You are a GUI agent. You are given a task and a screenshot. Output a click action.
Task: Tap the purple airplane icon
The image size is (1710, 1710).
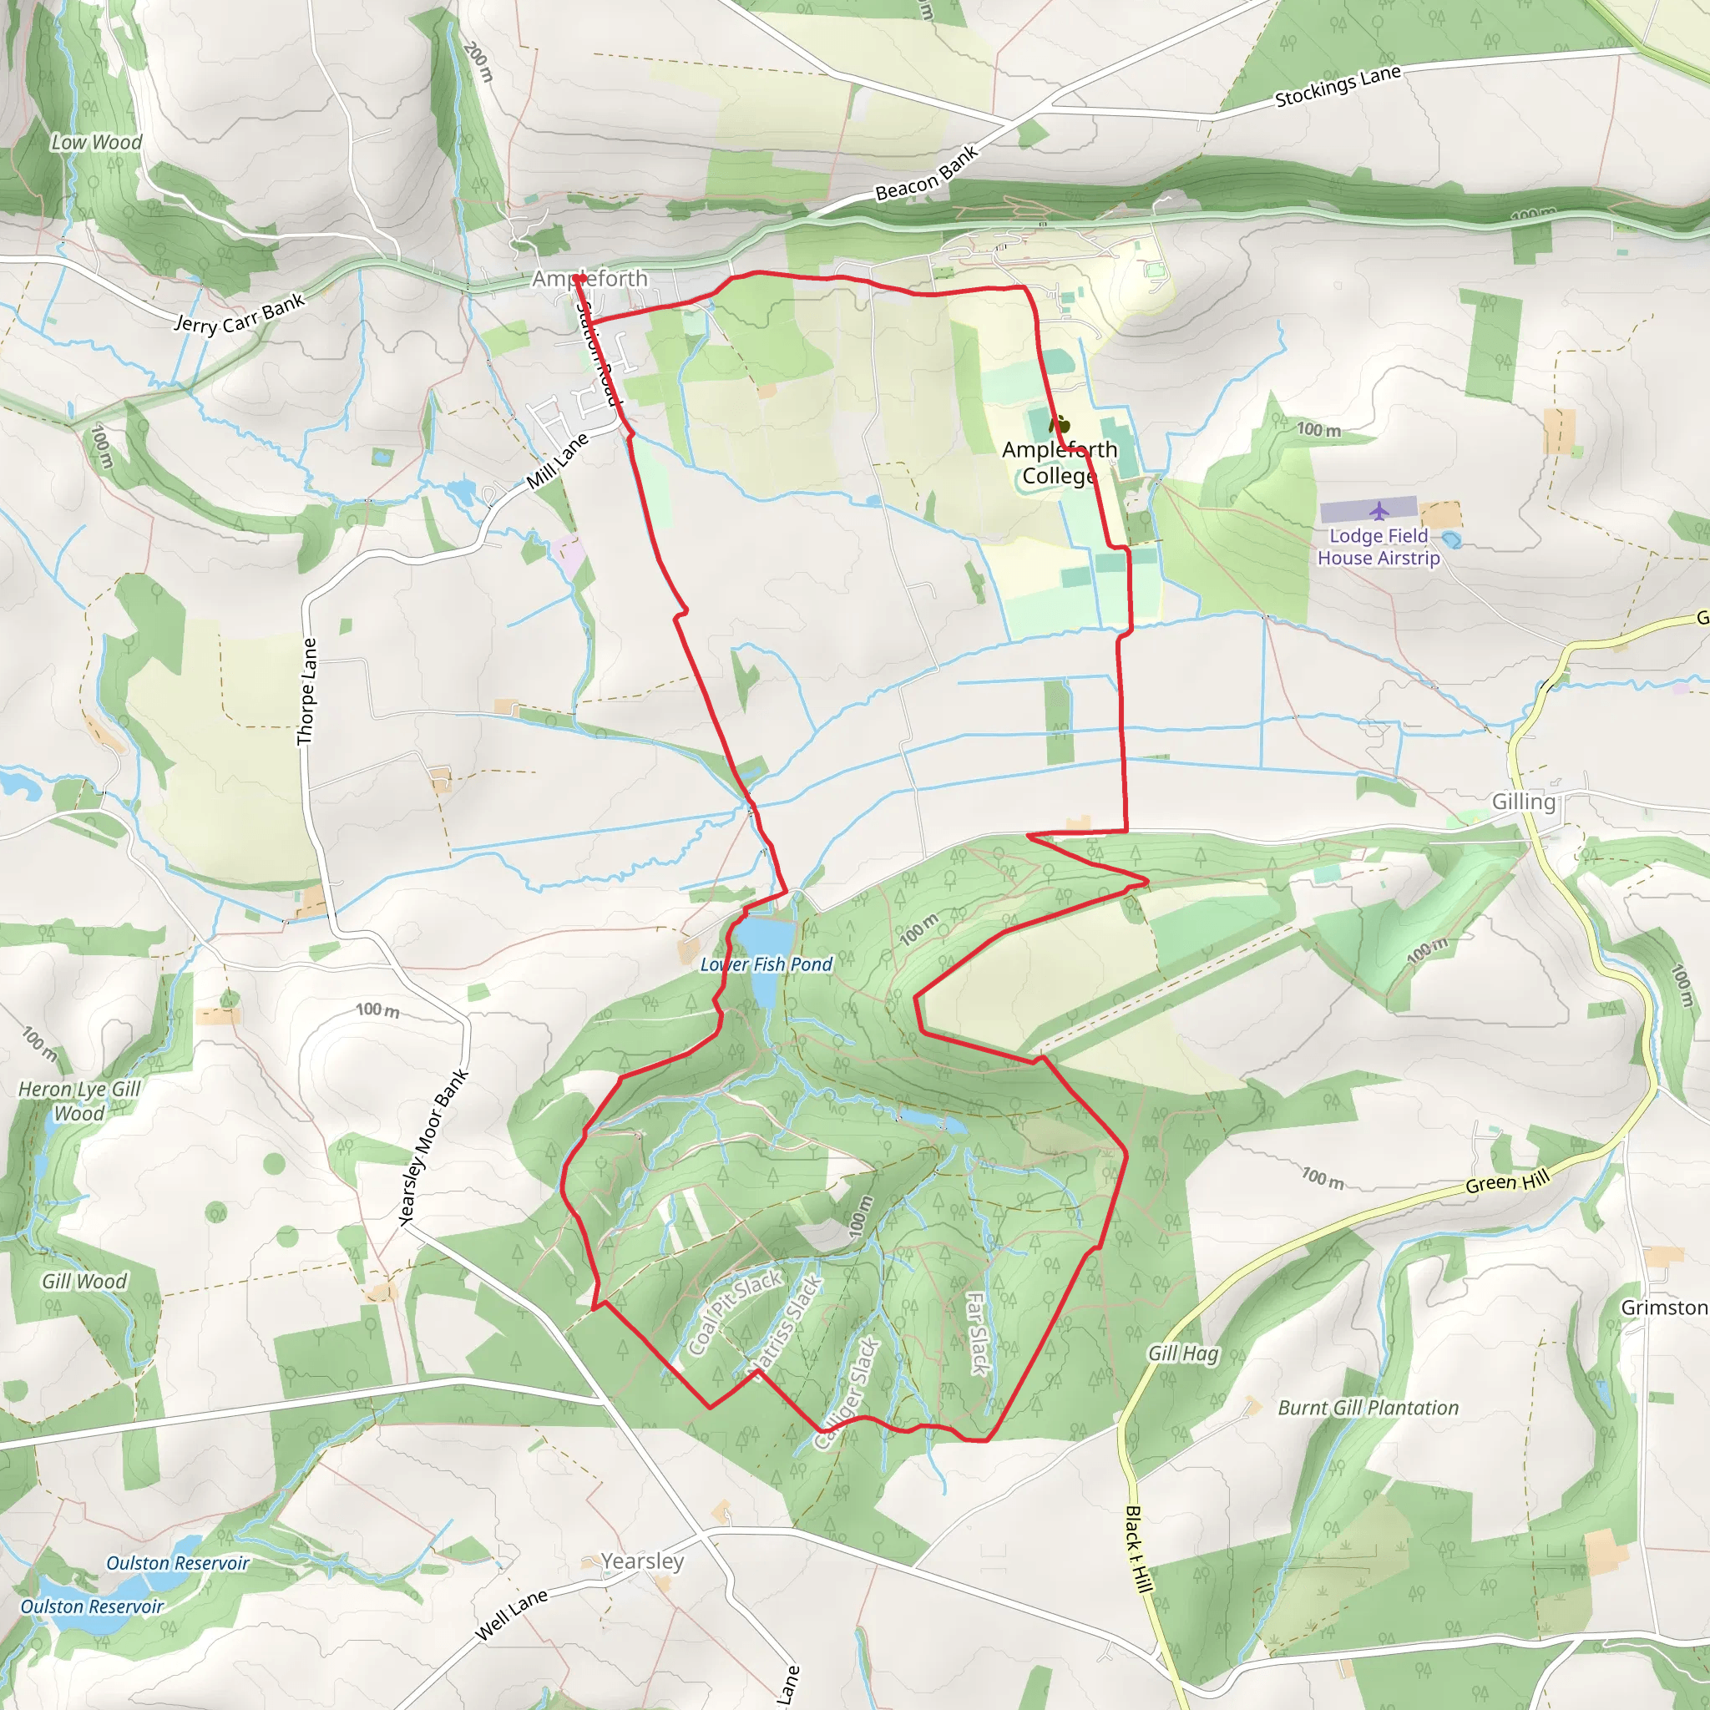point(1379,511)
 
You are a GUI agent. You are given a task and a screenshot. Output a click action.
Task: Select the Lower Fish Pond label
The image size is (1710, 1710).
point(766,964)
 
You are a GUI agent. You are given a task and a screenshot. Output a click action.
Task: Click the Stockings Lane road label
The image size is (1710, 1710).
point(1338,86)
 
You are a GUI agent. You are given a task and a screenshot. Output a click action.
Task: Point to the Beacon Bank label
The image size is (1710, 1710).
point(927,173)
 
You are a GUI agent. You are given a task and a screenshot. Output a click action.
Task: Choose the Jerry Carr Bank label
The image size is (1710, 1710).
point(239,312)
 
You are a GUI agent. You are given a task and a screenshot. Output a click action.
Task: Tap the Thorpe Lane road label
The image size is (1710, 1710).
point(306,692)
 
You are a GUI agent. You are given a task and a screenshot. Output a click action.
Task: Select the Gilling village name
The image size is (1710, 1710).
point(1523,802)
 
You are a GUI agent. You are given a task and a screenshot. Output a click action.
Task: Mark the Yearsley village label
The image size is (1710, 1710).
point(643,1561)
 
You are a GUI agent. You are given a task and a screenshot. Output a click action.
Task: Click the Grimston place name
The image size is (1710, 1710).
point(1664,1308)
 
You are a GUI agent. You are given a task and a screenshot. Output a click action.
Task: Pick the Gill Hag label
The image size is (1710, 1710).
point(1183,1353)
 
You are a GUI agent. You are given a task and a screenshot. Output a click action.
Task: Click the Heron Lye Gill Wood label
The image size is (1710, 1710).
point(79,1101)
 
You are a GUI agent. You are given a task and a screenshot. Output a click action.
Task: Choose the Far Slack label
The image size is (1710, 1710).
point(976,1333)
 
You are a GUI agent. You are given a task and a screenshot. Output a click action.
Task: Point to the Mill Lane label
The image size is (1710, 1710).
point(557,461)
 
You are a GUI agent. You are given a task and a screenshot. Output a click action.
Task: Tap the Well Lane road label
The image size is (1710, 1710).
point(512,1615)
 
